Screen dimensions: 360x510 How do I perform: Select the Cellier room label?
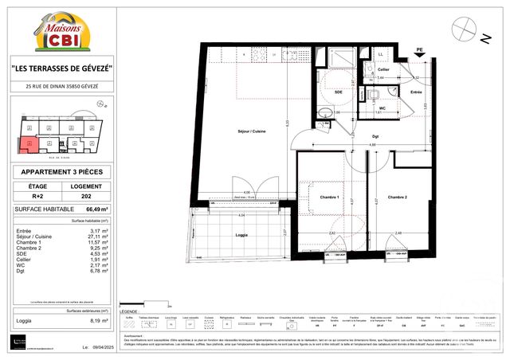(384, 69)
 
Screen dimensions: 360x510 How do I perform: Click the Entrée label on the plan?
(415, 92)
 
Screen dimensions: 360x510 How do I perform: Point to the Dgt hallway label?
(375, 136)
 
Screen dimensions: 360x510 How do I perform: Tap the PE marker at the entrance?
(419, 51)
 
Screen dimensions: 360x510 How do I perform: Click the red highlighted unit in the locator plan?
(26, 144)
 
